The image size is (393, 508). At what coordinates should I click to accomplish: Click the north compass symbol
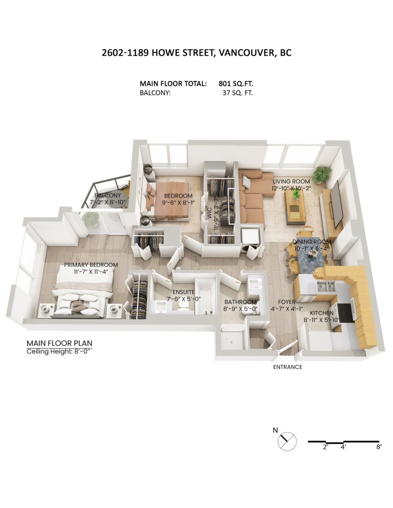[287, 440]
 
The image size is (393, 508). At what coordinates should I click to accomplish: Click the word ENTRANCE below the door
[288, 367]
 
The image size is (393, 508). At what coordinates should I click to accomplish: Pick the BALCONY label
[108, 195]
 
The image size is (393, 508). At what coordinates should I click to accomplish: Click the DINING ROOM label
[312, 242]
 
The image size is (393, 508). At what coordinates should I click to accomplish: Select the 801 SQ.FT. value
[235, 83]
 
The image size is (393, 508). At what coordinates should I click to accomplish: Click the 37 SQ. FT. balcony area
[235, 93]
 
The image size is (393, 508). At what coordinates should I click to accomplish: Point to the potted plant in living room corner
[322, 174]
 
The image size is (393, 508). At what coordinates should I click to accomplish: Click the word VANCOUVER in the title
[248, 53]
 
